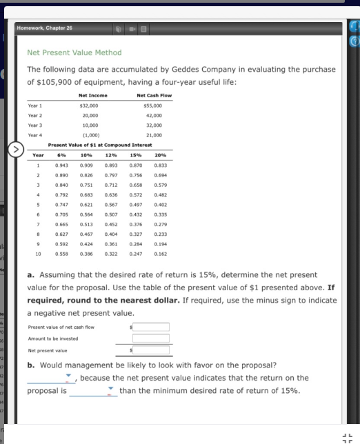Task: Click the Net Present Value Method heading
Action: tap(74, 52)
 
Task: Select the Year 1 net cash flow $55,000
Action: tap(152, 105)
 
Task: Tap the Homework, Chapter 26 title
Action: tap(50, 28)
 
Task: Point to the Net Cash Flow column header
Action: tap(154, 95)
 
